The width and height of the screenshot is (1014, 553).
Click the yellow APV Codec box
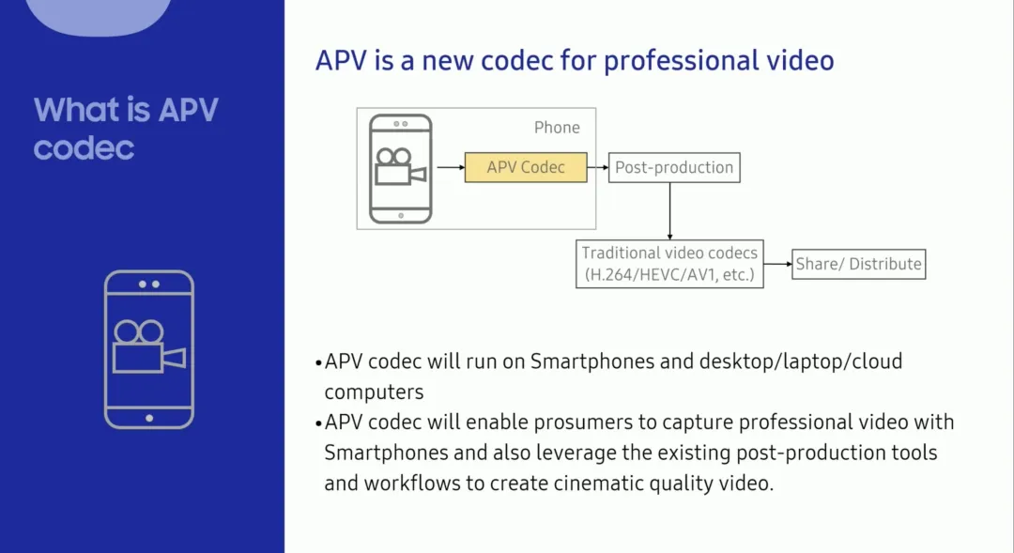pos(526,167)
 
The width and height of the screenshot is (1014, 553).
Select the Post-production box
pos(673,168)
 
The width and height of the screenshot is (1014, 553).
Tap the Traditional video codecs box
pos(669,264)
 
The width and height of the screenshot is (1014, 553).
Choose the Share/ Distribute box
pos(858,264)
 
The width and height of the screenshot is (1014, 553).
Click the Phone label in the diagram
pos(557,128)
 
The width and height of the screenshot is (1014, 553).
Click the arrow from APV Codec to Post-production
pos(597,168)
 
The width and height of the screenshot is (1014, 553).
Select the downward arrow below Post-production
pos(669,210)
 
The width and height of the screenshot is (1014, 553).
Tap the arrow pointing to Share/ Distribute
pos(777,264)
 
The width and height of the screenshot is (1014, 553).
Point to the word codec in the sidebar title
pos(84,146)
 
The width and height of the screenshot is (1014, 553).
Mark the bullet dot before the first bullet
pos(318,362)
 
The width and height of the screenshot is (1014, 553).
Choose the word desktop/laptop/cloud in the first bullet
pos(801,361)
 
